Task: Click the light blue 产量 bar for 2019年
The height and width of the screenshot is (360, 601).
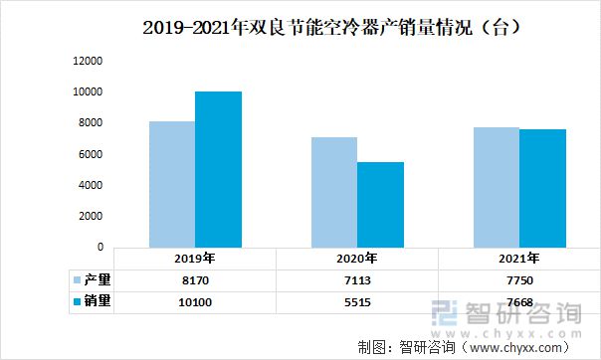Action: click(x=171, y=184)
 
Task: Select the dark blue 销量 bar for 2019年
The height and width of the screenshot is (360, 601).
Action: click(x=218, y=169)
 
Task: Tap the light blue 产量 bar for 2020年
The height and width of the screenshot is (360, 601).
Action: click(x=333, y=192)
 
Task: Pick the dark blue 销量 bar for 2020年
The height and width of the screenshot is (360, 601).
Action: click(x=380, y=204)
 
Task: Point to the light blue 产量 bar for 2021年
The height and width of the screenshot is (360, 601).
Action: click(x=497, y=187)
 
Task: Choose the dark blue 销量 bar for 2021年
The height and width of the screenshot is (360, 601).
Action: click(x=542, y=188)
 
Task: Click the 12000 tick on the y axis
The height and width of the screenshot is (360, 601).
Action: click(x=89, y=62)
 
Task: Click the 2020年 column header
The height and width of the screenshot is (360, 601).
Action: click(x=357, y=259)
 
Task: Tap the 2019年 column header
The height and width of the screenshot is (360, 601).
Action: click(x=194, y=259)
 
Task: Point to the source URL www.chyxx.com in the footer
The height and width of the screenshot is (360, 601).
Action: click(x=521, y=347)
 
